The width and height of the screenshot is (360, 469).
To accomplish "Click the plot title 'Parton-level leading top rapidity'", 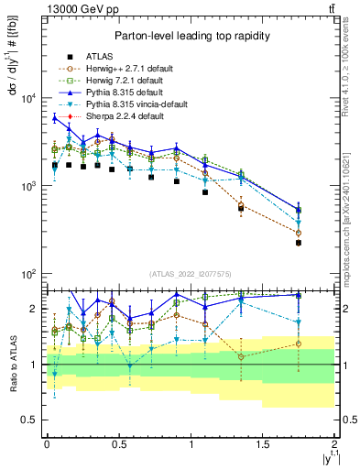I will [191, 36].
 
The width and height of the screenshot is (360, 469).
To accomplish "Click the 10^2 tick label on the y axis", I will [27, 274].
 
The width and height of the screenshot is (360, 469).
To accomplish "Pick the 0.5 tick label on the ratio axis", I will [32, 420].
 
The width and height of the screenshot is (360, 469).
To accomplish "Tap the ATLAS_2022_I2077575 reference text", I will [190, 274].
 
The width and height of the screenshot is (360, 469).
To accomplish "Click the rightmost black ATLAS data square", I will [299, 243].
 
